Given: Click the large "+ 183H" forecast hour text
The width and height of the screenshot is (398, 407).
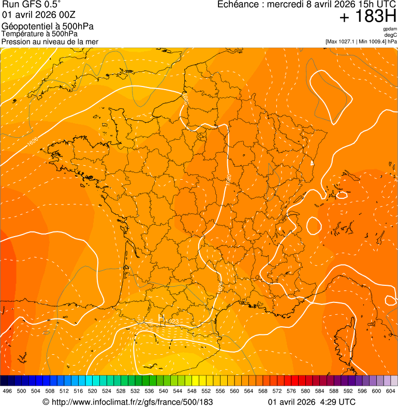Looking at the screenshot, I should (367, 17).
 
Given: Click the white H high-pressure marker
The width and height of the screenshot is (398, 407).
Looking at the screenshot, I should (160, 316).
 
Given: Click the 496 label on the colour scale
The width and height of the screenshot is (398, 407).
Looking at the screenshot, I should (7, 391).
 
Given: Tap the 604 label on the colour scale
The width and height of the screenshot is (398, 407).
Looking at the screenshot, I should (390, 391).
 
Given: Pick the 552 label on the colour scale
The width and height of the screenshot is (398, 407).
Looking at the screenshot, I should (205, 391).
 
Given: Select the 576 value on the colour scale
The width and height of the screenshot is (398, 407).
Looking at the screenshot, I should (291, 391).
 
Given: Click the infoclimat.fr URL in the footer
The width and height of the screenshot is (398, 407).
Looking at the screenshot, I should (132, 402).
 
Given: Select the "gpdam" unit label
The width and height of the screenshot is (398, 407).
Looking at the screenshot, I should (390, 29).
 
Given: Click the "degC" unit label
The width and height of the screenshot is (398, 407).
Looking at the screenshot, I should (391, 35).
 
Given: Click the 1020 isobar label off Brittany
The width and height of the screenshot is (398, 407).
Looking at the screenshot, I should (33, 142).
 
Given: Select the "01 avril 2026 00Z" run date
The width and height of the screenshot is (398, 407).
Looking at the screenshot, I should (39, 14).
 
